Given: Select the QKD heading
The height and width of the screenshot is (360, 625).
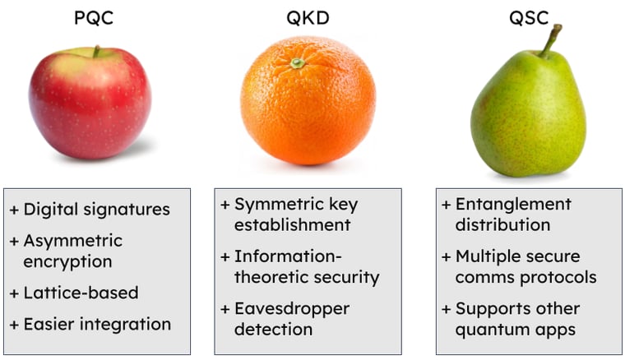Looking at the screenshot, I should coord(308,17).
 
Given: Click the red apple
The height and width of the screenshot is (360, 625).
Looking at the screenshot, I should coord(90,102).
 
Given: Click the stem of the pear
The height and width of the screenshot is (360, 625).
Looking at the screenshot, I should coord(550,40).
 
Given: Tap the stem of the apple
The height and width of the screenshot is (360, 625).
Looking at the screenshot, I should coord(96,51).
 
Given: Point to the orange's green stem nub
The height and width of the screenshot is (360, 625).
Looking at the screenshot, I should coord(298,62).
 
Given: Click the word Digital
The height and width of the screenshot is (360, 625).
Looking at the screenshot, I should coord(50,210).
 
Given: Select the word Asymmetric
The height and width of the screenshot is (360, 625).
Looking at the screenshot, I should coord(72,241).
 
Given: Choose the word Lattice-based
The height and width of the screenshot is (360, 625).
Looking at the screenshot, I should coord(81,293).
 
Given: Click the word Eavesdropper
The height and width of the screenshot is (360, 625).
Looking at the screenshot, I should coord(292,309).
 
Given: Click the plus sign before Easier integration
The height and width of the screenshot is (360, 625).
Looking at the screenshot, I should coord(13,325).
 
